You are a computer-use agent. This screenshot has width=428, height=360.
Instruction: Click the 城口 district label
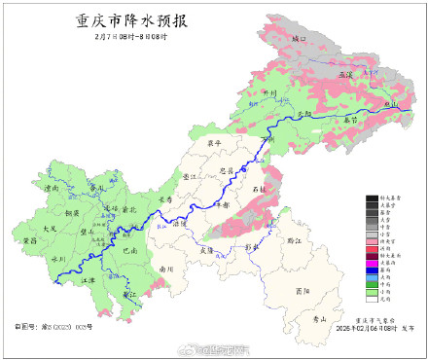(299, 39)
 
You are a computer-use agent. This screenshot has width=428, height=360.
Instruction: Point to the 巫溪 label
(345, 74)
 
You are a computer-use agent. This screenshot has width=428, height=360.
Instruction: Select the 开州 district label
(271, 94)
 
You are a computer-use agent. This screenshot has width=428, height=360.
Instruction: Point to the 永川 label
(57, 259)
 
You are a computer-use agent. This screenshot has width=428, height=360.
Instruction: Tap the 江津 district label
(89, 279)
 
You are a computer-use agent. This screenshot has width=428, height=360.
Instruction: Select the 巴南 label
(130, 251)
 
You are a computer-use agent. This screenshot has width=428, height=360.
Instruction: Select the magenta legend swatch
(372, 262)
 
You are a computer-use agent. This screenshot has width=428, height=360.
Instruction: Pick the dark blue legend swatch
(372, 270)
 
